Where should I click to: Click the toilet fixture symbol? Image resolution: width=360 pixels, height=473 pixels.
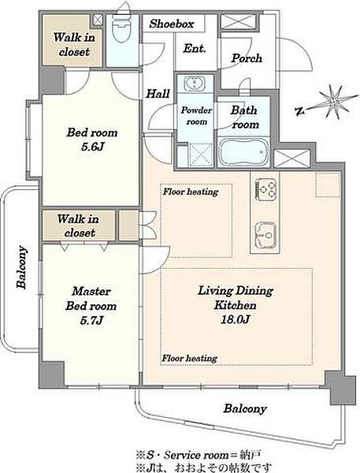click(x=121, y=29)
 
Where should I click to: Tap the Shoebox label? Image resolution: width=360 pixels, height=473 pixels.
click(x=172, y=24)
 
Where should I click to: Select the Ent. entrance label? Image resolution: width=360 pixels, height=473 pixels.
click(x=195, y=48)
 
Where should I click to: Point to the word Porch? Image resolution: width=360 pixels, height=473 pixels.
click(x=247, y=58)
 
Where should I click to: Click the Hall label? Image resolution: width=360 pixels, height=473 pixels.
click(x=158, y=94)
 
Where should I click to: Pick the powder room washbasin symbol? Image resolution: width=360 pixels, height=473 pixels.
click(x=195, y=83)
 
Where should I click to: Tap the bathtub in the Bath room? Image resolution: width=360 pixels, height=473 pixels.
click(x=243, y=152)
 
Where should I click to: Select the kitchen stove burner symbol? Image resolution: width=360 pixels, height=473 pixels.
click(x=265, y=189)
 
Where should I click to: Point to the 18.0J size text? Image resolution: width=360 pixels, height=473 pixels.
click(x=235, y=319)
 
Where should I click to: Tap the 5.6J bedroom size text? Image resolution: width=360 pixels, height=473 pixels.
click(x=92, y=147)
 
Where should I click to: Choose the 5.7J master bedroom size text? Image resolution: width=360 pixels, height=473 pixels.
click(x=91, y=320)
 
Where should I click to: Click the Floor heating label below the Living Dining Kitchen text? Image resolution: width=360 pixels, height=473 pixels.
click(x=189, y=358)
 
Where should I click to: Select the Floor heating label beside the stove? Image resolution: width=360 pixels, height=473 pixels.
click(x=191, y=192)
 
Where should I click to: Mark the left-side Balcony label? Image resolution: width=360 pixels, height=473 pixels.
click(x=21, y=267)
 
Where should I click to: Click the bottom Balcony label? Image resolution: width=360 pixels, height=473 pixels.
click(x=245, y=408)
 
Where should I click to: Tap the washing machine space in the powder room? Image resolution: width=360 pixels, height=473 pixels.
click(x=201, y=155)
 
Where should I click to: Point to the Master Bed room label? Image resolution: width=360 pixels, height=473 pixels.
click(x=91, y=299)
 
